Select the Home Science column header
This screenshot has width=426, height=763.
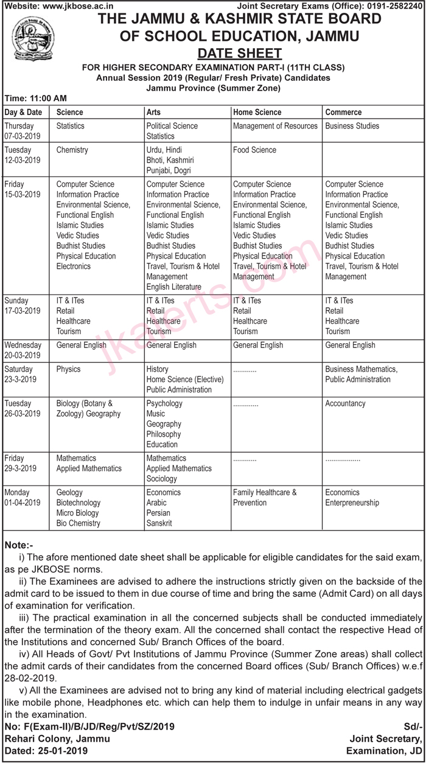[x=257, y=112]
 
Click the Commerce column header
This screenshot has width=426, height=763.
[x=343, y=112]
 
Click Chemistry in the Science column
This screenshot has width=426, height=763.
[x=72, y=150]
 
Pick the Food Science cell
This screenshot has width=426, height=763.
[x=254, y=150]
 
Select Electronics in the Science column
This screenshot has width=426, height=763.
[x=73, y=267]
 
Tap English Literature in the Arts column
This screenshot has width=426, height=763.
[x=173, y=287]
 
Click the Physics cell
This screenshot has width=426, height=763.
[x=68, y=369]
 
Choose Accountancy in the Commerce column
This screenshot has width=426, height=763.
[x=345, y=403]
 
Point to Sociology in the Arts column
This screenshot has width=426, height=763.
[x=161, y=479]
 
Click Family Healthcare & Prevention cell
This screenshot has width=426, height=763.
[x=265, y=498]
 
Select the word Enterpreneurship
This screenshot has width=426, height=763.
[x=352, y=503]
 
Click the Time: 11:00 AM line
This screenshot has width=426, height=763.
[x=35, y=98]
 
